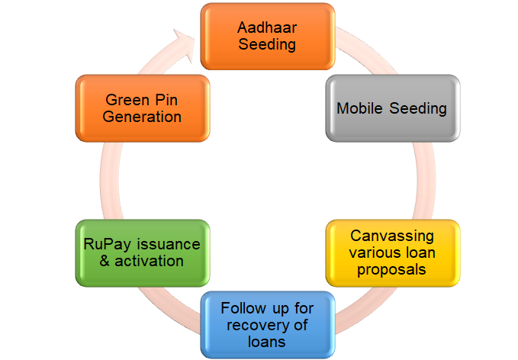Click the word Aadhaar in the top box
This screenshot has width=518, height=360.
(266, 27)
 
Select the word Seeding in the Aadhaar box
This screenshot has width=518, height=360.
(266, 44)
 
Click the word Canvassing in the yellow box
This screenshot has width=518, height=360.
(392, 235)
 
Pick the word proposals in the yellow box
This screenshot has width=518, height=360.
(392, 269)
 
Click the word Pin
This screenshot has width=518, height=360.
(169, 100)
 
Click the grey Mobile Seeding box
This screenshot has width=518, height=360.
(392, 108)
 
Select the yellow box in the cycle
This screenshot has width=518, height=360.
(392, 252)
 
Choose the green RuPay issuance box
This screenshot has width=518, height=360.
(142, 253)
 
